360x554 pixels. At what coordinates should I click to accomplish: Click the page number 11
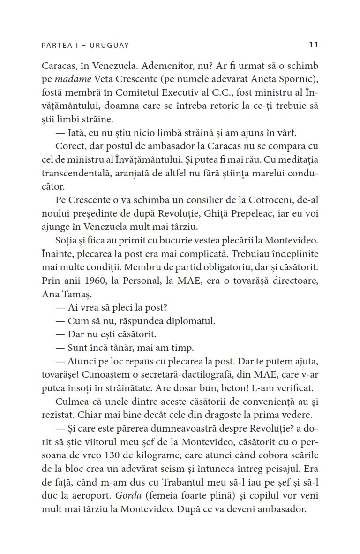coord(314,45)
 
